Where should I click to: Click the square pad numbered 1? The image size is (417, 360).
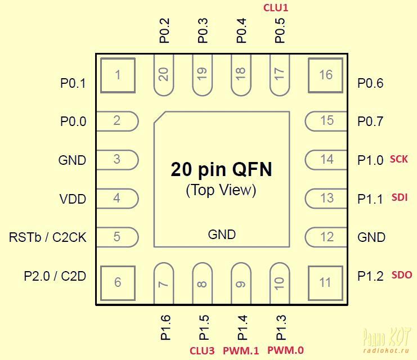pyautogui.click(x=118, y=75)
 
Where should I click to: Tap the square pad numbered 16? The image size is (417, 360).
pyautogui.click(x=325, y=75)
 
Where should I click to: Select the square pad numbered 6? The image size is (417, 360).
pyautogui.click(x=118, y=283)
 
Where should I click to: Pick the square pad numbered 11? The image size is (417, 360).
pyautogui.click(x=325, y=283)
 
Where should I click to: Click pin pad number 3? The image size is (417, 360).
pyautogui.click(x=117, y=160)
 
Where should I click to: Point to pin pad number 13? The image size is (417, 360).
pyautogui.click(x=326, y=199)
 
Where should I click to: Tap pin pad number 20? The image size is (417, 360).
pyautogui.click(x=164, y=75)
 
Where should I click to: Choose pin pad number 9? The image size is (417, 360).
pyautogui.click(x=241, y=283)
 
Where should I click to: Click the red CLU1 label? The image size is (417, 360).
pyautogui.click(x=276, y=8)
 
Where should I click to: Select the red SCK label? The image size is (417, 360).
pyautogui.click(x=398, y=159)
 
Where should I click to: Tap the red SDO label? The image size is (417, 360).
pyautogui.click(x=402, y=274)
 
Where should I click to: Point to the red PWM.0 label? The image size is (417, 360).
pyautogui.click(x=285, y=350)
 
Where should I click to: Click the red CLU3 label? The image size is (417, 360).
pyautogui.click(x=202, y=350)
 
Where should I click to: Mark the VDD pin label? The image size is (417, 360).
pyautogui.click(x=73, y=199)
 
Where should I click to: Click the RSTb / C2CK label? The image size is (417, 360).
pyautogui.click(x=48, y=237)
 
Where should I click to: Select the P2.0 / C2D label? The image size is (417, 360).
pyautogui.click(x=55, y=276)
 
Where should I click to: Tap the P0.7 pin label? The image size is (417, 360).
pyautogui.click(x=370, y=121)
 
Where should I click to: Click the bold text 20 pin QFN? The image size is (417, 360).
pyautogui.click(x=222, y=169)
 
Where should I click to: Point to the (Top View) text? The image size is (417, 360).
pyautogui.click(x=221, y=190)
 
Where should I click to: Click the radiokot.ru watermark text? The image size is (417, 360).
pyautogui.click(x=385, y=350)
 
